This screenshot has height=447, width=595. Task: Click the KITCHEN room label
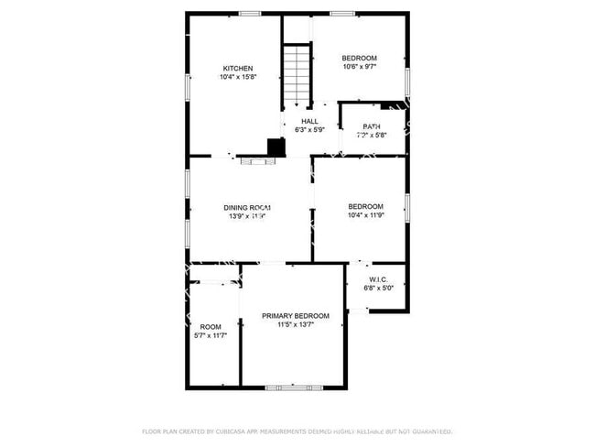point(237,69)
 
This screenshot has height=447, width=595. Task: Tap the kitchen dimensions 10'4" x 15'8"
point(237,78)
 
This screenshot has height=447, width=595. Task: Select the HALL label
point(309,121)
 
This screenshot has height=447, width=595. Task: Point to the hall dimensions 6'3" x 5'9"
point(309,130)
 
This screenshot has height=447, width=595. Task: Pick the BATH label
point(372,126)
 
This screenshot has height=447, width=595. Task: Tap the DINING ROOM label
point(247,208)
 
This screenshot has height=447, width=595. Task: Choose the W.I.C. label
point(380,278)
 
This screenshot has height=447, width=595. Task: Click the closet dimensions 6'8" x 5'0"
point(379,288)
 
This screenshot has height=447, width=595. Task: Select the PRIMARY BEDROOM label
point(295,316)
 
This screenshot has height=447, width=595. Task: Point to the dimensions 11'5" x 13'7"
point(295,325)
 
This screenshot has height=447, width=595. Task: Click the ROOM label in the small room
point(211,327)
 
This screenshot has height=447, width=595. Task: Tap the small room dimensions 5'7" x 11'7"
point(211,336)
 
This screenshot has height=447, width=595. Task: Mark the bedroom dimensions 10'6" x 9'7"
point(359,67)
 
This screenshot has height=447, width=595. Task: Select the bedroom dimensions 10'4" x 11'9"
point(365,216)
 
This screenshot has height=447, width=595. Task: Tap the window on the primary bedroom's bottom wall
point(294,387)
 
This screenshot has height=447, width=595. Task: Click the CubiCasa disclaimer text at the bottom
point(297,431)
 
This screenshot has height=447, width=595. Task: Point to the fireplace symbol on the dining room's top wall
point(257,160)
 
